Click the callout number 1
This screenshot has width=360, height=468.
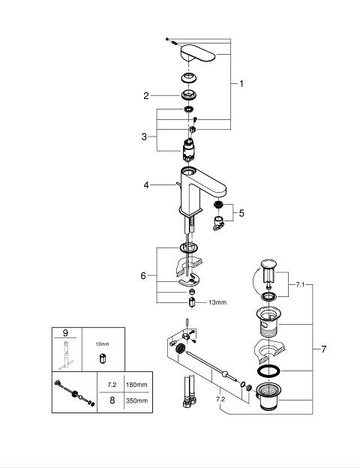[241, 84]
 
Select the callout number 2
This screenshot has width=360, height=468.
[146, 96]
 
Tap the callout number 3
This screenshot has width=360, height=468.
[144, 136]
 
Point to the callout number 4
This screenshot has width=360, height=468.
[146, 185]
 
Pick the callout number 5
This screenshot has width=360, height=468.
[241, 213]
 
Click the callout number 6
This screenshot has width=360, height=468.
[143, 276]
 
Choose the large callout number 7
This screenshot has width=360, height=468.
[323, 349]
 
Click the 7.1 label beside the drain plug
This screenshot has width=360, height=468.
[300, 285]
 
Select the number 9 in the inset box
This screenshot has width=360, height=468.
[65, 332]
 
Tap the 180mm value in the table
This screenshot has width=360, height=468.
[136, 385]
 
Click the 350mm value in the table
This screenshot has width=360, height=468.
[136, 400]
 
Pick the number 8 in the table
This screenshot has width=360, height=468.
[112, 400]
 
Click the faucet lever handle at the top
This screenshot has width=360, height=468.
[197, 53]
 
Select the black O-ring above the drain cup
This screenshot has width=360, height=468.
[269, 370]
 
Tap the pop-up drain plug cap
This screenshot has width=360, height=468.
[268, 264]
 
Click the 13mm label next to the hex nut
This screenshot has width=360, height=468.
[217, 302]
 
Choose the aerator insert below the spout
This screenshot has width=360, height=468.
[218, 205]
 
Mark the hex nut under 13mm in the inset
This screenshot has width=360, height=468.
[102, 358]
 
